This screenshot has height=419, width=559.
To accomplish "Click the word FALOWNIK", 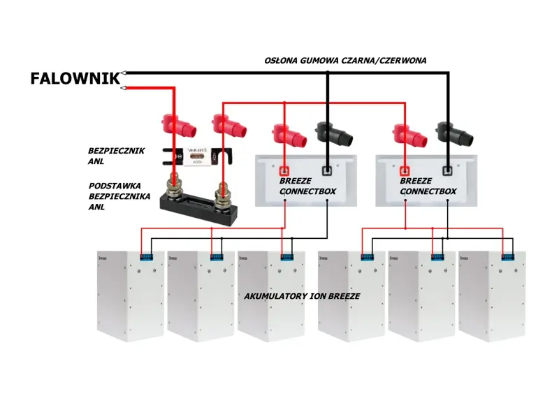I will coord(75,78).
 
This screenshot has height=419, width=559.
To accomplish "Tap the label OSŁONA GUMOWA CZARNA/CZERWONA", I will coord(345,61).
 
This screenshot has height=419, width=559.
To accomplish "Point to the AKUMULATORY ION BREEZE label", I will coord(302,296).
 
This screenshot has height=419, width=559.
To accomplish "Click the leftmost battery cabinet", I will coord(129,293).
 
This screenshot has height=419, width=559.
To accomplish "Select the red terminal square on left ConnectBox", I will coord(284,170).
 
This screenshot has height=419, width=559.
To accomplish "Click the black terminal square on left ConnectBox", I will coord(327,170).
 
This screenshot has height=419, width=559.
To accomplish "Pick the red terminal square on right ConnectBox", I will coord(405,170).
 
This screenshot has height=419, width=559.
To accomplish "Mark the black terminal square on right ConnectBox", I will coord(447,170).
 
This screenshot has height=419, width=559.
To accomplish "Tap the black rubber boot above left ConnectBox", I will coord(331,133).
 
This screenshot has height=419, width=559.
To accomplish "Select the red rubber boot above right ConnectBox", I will coord(409,135).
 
